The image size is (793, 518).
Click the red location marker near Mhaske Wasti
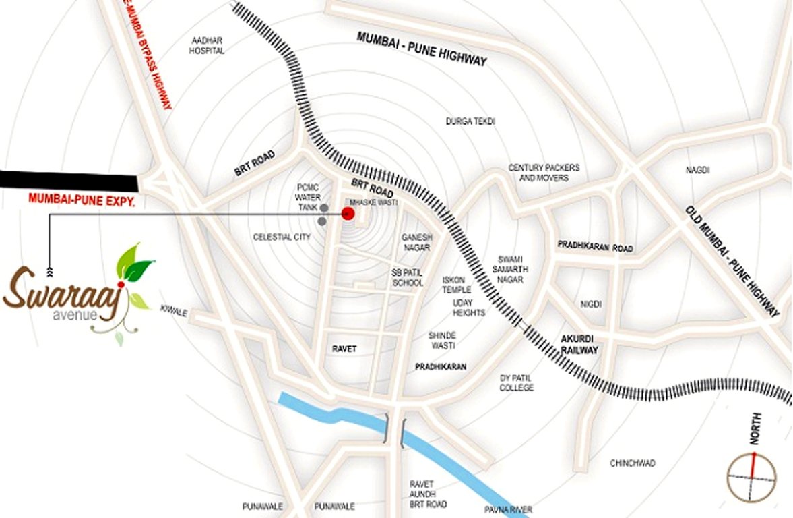click(x=348, y=214)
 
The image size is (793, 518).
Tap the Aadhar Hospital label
click(x=206, y=45)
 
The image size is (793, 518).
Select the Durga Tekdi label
click(x=470, y=121)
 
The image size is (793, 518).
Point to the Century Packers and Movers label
click(x=544, y=173)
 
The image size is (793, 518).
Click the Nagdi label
click(x=697, y=170)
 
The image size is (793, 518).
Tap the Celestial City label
click(x=282, y=237)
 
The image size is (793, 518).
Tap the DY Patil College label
click(x=517, y=383)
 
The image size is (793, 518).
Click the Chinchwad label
click(x=633, y=463)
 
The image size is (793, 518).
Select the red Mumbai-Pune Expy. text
click(x=82, y=199)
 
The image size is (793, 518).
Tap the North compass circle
click(x=751, y=478)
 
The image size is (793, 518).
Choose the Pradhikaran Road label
click(x=595, y=248)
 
